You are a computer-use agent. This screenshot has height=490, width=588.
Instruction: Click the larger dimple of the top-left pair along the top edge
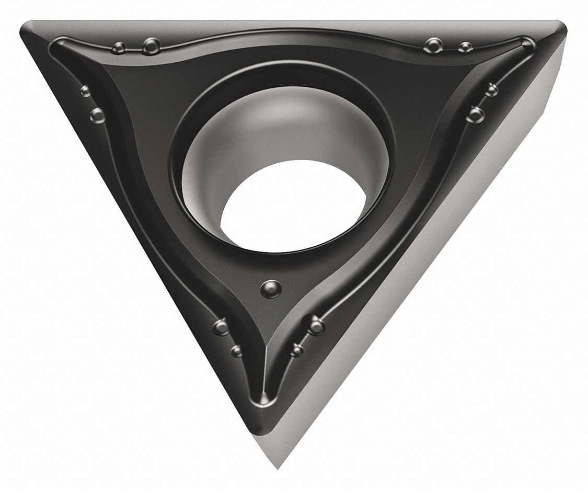pyautogui.click(x=152, y=46)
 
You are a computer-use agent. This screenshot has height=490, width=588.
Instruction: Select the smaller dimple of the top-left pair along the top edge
pyautogui.click(x=119, y=48)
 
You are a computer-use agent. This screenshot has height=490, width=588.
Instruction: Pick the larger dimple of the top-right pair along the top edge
pyautogui.click(x=432, y=45)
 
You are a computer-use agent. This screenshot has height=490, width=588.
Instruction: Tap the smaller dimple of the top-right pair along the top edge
pyautogui.click(x=464, y=48)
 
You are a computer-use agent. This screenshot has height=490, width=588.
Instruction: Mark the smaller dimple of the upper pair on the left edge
pyautogui.click(x=85, y=92)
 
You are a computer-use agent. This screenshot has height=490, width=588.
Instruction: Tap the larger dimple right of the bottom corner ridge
pyautogui.click(x=316, y=327)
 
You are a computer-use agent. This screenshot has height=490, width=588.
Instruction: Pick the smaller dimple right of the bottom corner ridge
pyautogui.click(x=297, y=349)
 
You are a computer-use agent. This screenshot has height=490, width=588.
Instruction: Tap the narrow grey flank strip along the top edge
pyautogui.click(x=293, y=24)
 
